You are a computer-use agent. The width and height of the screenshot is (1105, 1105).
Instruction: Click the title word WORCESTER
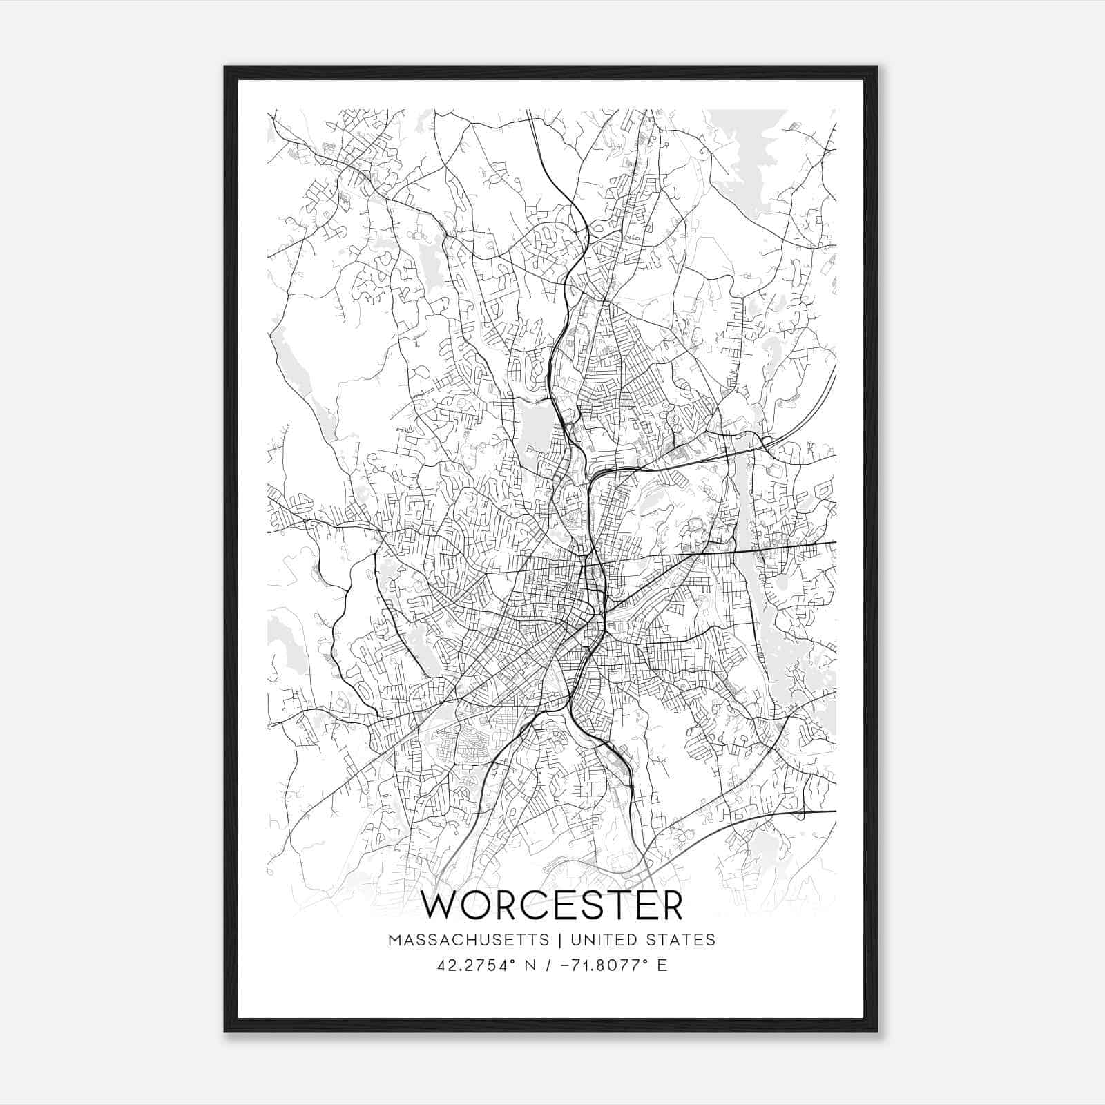click(552, 905)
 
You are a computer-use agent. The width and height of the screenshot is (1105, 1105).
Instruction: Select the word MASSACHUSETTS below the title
click(469, 940)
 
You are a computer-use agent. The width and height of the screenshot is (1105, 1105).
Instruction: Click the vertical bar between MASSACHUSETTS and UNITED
click(557, 940)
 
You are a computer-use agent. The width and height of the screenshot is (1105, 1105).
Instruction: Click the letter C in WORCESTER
click(535, 905)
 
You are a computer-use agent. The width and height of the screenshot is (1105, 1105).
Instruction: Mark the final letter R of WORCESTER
click(670, 905)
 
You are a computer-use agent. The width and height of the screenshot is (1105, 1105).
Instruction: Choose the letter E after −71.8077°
click(662, 965)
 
